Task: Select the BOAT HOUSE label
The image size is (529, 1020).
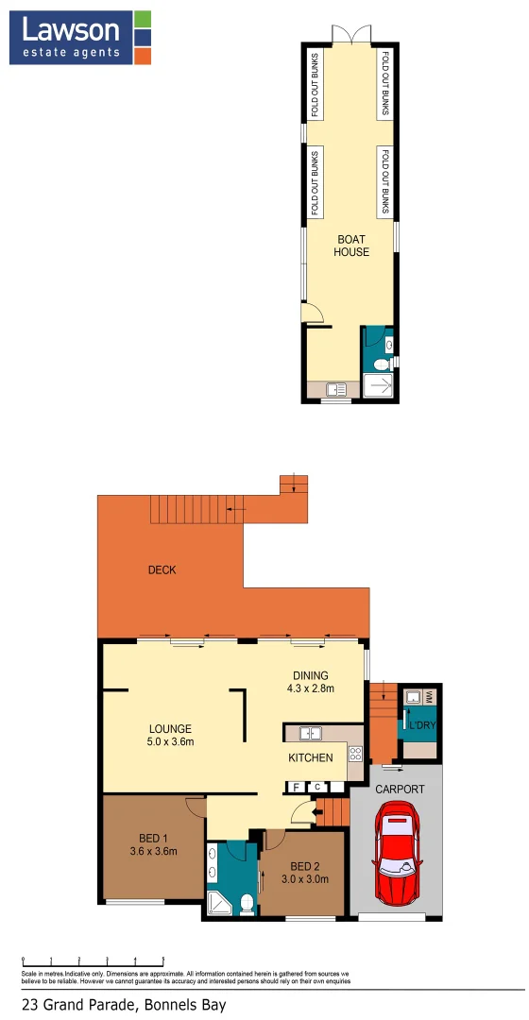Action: click(x=352, y=246)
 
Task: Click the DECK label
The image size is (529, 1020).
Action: click(x=162, y=569)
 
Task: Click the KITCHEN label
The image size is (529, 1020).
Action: click(x=311, y=757)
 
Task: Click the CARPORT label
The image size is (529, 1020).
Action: click(x=400, y=789)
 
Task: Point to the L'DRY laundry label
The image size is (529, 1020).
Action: click(x=419, y=724)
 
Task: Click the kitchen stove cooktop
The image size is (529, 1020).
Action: click(x=355, y=754)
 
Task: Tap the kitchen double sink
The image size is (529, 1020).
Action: click(x=311, y=732)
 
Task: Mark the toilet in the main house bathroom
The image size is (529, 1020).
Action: click(x=246, y=904)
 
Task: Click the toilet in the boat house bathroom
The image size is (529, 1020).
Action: click(x=381, y=365)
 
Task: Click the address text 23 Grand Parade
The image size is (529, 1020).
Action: click(x=124, y=1004)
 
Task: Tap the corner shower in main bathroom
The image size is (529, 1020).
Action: click(x=219, y=904)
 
